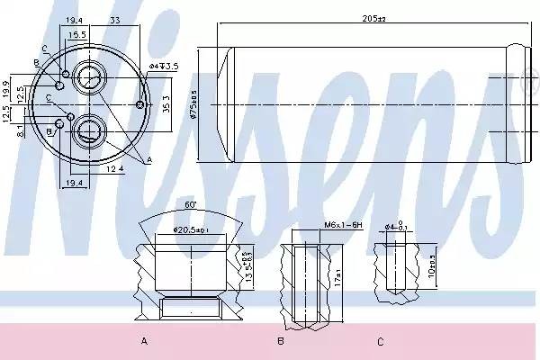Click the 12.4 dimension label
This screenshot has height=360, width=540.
[113, 168]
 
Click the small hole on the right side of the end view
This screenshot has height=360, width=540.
[139, 105]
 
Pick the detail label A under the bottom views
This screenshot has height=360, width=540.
[144, 341]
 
